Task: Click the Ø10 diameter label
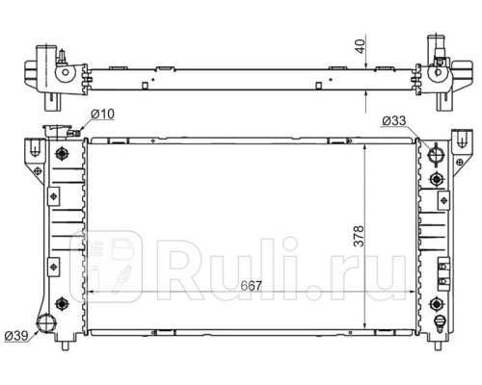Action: [102, 114]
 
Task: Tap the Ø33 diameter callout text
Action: [394, 121]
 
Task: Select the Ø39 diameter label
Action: [16, 336]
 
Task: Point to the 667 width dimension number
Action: [251, 286]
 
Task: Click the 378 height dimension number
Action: [359, 236]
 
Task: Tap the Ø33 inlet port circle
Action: [436, 155]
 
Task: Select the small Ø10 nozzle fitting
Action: [74, 132]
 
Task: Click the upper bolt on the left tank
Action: [61, 153]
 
